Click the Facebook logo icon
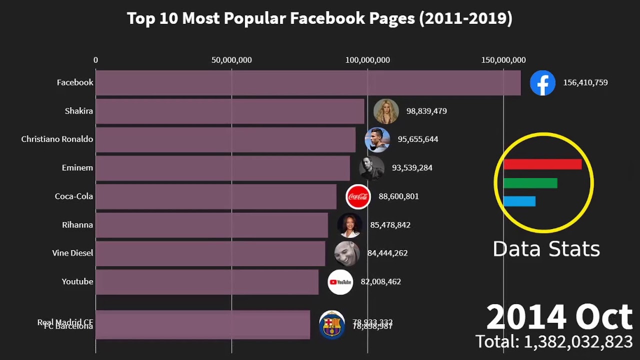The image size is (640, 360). click(542, 82)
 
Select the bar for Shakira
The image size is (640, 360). click(230, 111)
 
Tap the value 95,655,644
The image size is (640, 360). click(417, 139)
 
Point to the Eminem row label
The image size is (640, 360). click(77, 167)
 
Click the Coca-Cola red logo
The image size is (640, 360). click(358, 196)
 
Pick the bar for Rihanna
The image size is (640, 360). click(211, 225)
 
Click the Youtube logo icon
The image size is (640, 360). click(340, 282)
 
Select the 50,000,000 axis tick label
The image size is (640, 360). click(231, 60)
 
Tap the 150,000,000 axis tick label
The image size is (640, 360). click(503, 60)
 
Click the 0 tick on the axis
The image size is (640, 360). click(95, 60)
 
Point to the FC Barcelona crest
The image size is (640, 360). click(331, 325)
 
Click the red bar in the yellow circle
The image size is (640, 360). click(542, 164)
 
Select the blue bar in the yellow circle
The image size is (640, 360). click(519, 201)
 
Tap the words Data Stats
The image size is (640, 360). click(546, 249)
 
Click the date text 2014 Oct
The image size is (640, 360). click(559, 317)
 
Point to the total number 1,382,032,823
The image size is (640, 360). click(577, 342)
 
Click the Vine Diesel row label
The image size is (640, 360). click(72, 253)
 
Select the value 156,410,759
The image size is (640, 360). click(585, 82)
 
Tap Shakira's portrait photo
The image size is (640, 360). click(386, 111)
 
